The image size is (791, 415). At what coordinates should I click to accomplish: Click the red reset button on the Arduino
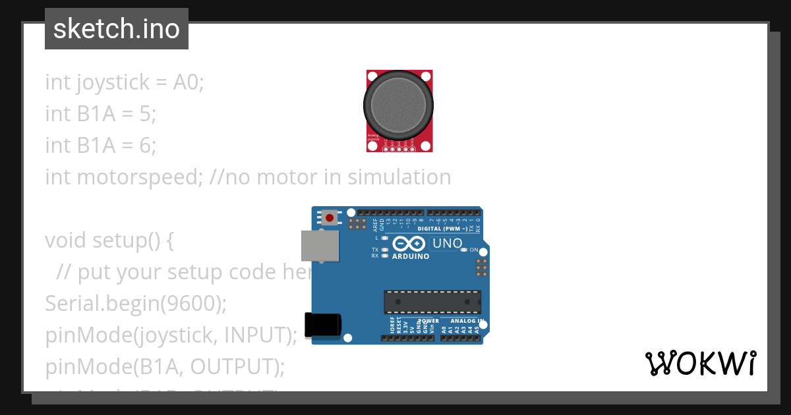(x=329, y=217)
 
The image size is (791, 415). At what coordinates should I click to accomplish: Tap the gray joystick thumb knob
(x=399, y=105)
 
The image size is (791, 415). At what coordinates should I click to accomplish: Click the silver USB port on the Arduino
(x=320, y=245)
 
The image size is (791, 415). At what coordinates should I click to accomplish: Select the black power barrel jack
(x=324, y=326)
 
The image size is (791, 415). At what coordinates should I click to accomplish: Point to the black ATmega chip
(x=432, y=302)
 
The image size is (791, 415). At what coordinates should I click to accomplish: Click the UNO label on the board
(x=448, y=244)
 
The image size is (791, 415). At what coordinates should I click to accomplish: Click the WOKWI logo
(x=700, y=364)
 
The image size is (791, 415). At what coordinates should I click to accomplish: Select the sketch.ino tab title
(x=117, y=29)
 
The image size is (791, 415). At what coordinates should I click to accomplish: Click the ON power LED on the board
(x=464, y=250)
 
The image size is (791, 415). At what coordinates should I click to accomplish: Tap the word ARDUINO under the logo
(x=410, y=256)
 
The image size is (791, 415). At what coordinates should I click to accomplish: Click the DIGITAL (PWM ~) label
(x=443, y=229)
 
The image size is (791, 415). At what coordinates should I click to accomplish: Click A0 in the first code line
(x=188, y=82)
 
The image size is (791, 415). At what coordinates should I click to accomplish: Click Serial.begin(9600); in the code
(x=136, y=304)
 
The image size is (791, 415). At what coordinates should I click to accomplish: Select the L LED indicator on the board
(x=384, y=237)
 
